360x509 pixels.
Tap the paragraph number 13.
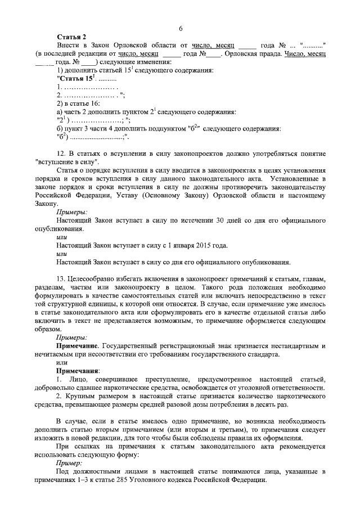point(62,279)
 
